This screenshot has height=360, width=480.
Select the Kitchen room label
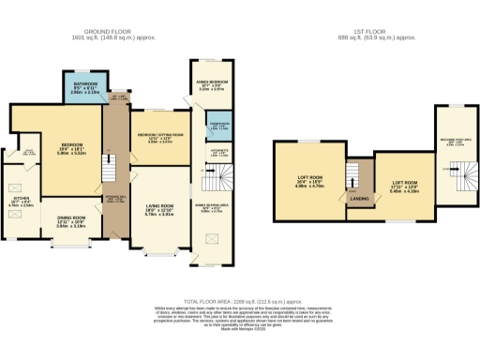point(21,200)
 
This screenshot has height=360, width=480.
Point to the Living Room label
point(157,208)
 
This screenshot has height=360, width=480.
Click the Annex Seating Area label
point(212,207)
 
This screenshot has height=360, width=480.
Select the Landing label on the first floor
point(356,198)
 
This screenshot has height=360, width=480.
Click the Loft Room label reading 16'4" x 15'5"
point(308,182)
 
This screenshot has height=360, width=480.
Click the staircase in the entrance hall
point(109,169)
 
